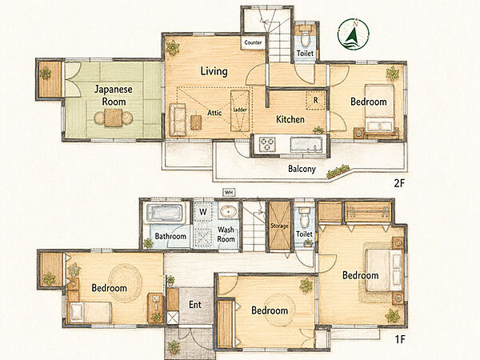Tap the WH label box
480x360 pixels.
point(229,193)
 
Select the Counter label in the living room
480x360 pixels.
point(253,42)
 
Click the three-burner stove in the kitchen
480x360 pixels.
point(267,144)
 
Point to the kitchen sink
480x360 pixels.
point(306,144)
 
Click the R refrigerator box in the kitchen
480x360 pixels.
point(316,100)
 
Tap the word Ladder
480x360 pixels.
point(240,110)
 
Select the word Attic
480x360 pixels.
point(214,113)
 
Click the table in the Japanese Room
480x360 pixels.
point(114,118)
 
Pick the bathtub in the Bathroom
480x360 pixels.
point(164,213)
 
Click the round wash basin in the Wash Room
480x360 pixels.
point(228,211)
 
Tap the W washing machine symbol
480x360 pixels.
point(203,212)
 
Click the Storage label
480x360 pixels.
point(279,226)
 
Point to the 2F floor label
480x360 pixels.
point(399,183)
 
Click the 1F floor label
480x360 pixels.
point(400,339)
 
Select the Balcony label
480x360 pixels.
point(302,169)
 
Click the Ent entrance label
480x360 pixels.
point(195,305)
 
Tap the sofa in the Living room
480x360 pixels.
point(178,120)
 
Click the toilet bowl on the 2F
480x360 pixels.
point(305,38)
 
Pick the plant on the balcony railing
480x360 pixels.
point(338,171)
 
